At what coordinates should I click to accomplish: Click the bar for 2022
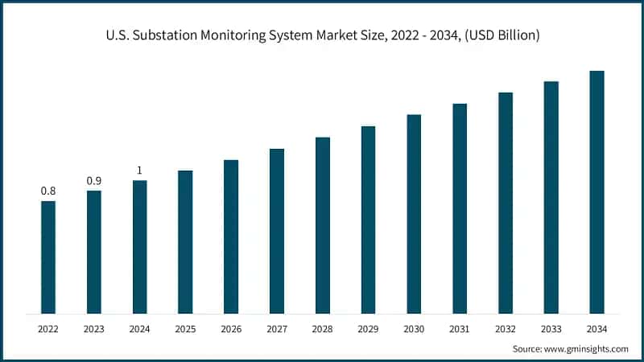tap(48, 257)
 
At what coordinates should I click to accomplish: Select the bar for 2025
tap(185, 241)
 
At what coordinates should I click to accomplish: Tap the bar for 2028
tap(322, 225)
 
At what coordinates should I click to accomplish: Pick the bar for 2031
tap(460, 208)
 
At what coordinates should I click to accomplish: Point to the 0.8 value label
tap(48, 191)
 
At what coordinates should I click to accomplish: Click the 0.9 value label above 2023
tap(94, 180)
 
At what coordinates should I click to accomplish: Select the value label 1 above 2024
tap(139, 170)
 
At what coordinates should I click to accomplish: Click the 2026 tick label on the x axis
tap(231, 329)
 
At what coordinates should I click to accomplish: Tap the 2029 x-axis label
tap(368, 329)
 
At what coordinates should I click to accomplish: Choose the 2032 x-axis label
tap(506, 329)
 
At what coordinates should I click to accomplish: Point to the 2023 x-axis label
tap(94, 329)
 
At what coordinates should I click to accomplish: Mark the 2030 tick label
tap(414, 329)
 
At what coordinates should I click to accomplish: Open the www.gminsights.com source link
tap(587, 348)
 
